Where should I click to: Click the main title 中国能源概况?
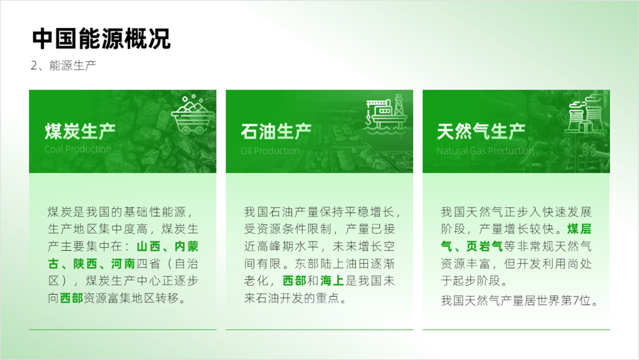[102, 39]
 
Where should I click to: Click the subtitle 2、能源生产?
[63, 65]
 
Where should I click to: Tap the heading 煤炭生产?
[80, 131]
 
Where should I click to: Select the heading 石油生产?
[276, 131]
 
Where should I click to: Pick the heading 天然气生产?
[481, 131]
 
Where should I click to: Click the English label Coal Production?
[78, 149]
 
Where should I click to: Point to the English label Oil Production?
[270, 150]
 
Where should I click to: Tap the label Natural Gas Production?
[485, 150]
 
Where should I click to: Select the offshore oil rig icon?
[385, 114]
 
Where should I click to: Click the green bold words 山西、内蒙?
[168, 247]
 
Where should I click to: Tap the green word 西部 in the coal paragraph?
[71, 298]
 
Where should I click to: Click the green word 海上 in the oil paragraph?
[332, 281]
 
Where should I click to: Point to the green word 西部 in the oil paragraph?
[294, 281]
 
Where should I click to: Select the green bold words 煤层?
[579, 229]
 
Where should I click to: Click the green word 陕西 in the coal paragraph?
[86, 264]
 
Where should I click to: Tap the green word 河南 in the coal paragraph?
[123, 264]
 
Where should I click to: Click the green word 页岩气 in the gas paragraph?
[484, 247]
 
